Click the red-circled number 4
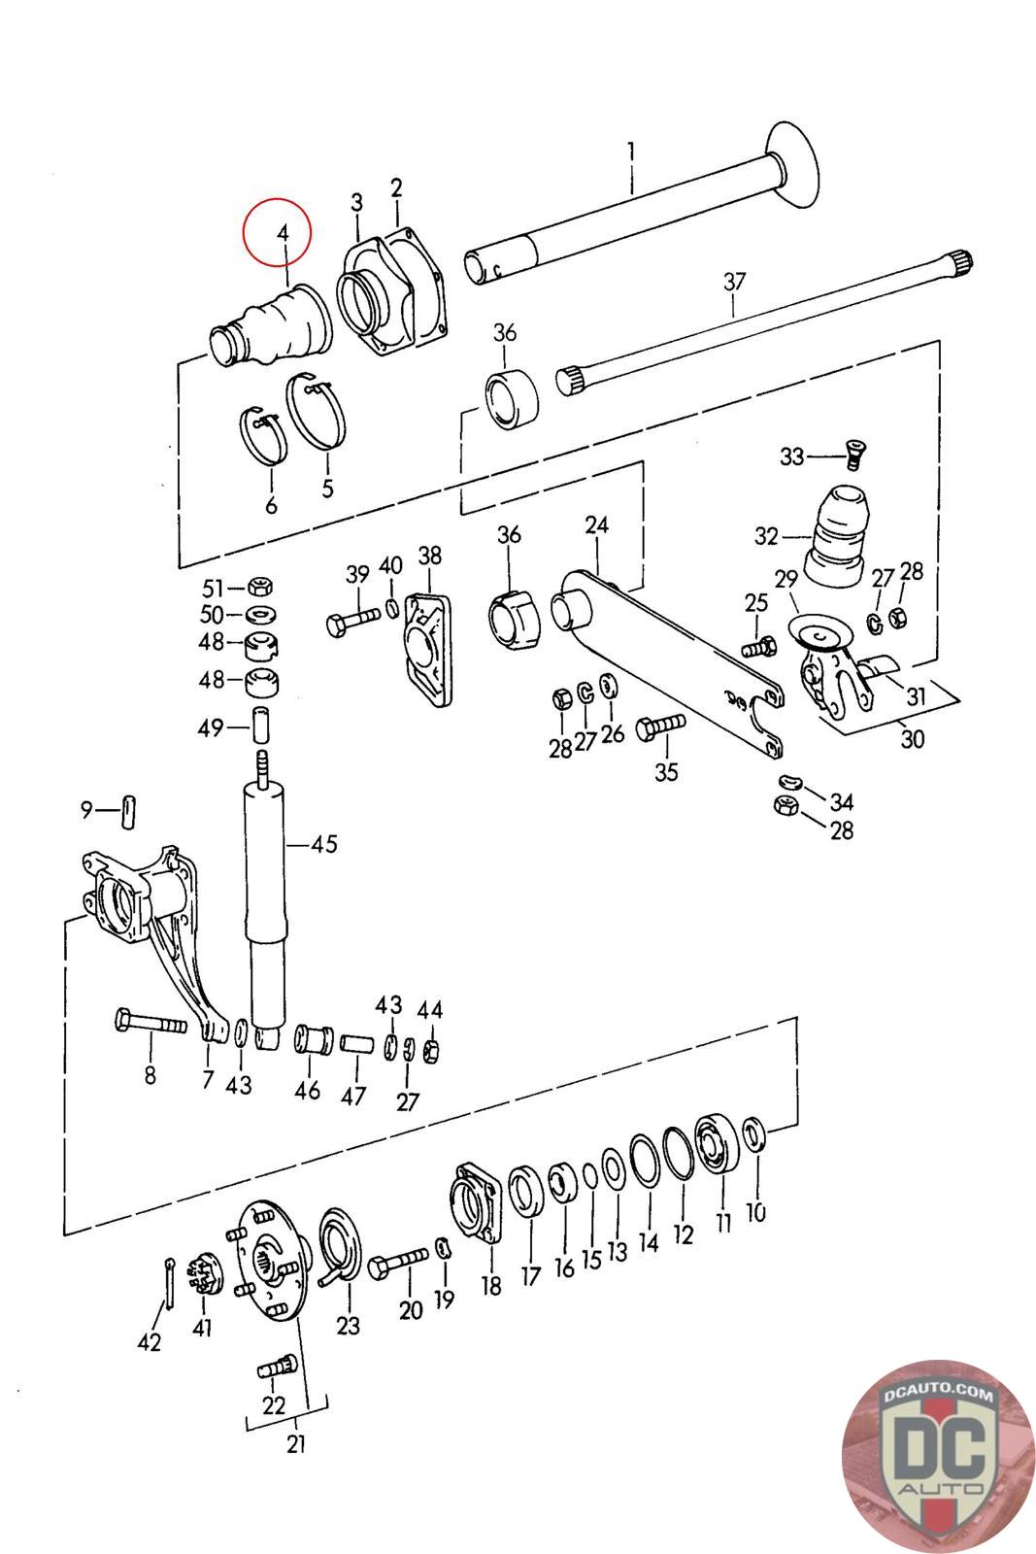click(283, 233)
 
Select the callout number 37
click(734, 282)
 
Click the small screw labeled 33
click(857, 455)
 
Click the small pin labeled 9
click(128, 811)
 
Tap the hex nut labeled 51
click(260, 587)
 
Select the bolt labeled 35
click(660, 727)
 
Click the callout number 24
click(596, 525)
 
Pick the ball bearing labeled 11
click(717, 1142)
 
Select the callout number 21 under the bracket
click(295, 1443)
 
